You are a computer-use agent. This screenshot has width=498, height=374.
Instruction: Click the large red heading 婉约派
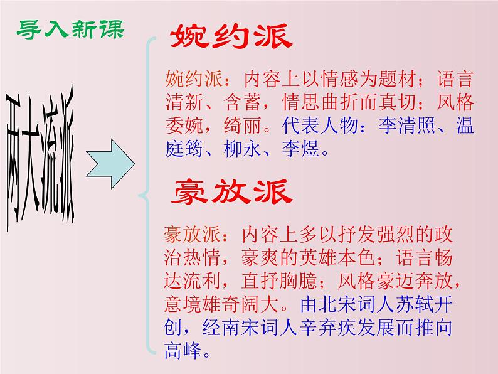[x=231, y=38]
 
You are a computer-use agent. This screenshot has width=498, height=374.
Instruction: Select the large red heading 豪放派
[x=231, y=192]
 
